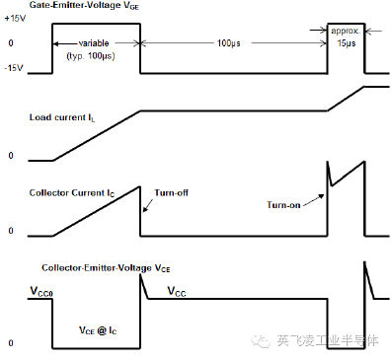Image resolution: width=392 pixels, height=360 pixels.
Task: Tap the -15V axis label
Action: point(13,67)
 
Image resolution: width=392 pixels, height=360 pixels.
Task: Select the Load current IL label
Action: point(65,118)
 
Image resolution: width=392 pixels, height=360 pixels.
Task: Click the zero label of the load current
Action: point(11,157)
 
